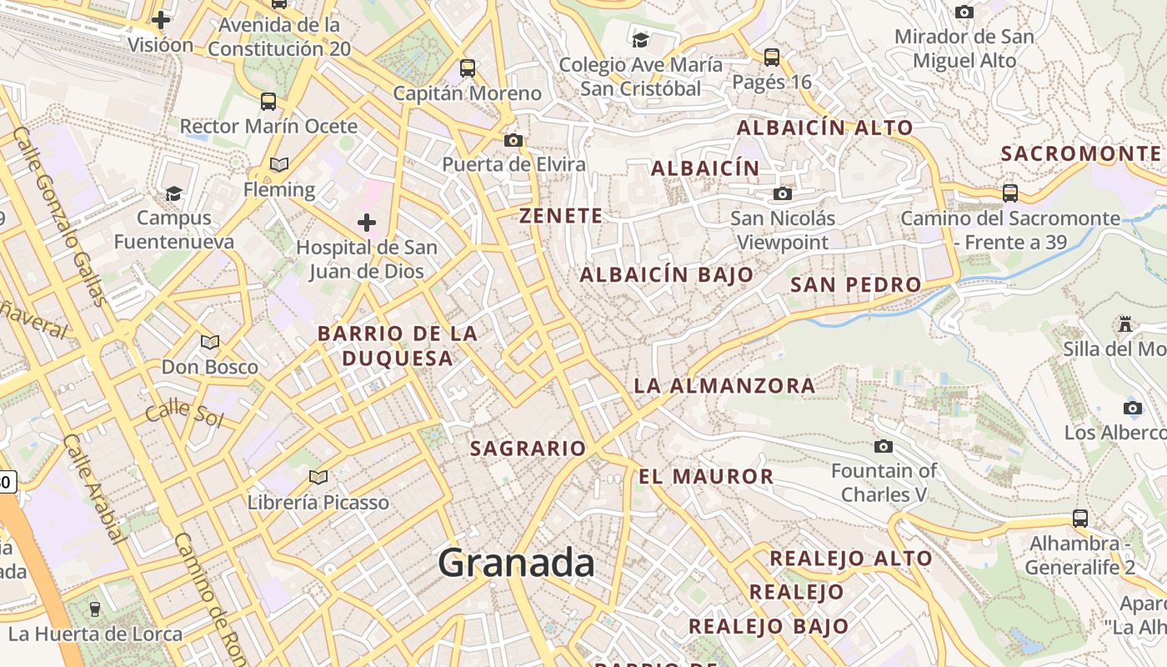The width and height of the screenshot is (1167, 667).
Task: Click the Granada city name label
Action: pyautogui.click(x=516, y=564)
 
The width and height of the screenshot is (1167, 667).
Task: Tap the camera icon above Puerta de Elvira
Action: pyautogui.click(x=513, y=140)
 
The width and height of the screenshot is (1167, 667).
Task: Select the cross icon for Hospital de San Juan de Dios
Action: pyautogui.click(x=366, y=223)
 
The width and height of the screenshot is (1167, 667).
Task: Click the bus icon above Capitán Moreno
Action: pyautogui.click(x=468, y=68)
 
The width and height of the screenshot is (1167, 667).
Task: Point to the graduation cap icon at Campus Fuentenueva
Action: pyautogui.click(x=173, y=193)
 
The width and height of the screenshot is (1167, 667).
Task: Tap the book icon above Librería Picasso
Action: pyautogui.click(x=318, y=477)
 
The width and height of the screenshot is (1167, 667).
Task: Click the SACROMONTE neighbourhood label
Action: pyautogui.click(x=1080, y=153)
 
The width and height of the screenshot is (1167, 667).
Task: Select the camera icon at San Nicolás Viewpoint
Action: pyautogui.click(x=782, y=194)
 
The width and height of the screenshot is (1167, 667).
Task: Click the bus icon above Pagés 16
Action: pyautogui.click(x=772, y=58)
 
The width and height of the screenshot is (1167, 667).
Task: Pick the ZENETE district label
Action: pyautogui.click(x=561, y=216)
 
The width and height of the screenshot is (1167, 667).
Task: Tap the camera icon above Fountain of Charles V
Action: pyautogui.click(x=884, y=447)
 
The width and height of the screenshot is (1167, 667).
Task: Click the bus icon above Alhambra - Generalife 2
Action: pyautogui.click(x=1080, y=519)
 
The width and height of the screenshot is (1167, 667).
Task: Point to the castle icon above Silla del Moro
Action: pyautogui.click(x=1125, y=323)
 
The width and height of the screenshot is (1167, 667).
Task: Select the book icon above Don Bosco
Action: pyautogui.click(x=210, y=342)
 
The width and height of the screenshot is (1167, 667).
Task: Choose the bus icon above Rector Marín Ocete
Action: pyautogui.click(x=268, y=102)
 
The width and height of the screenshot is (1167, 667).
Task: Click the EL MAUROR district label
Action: pyautogui.click(x=706, y=477)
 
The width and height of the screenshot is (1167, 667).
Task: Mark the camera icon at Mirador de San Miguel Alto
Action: pyautogui.click(x=964, y=12)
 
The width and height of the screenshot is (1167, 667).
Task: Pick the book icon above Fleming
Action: pyautogui.click(x=279, y=165)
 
